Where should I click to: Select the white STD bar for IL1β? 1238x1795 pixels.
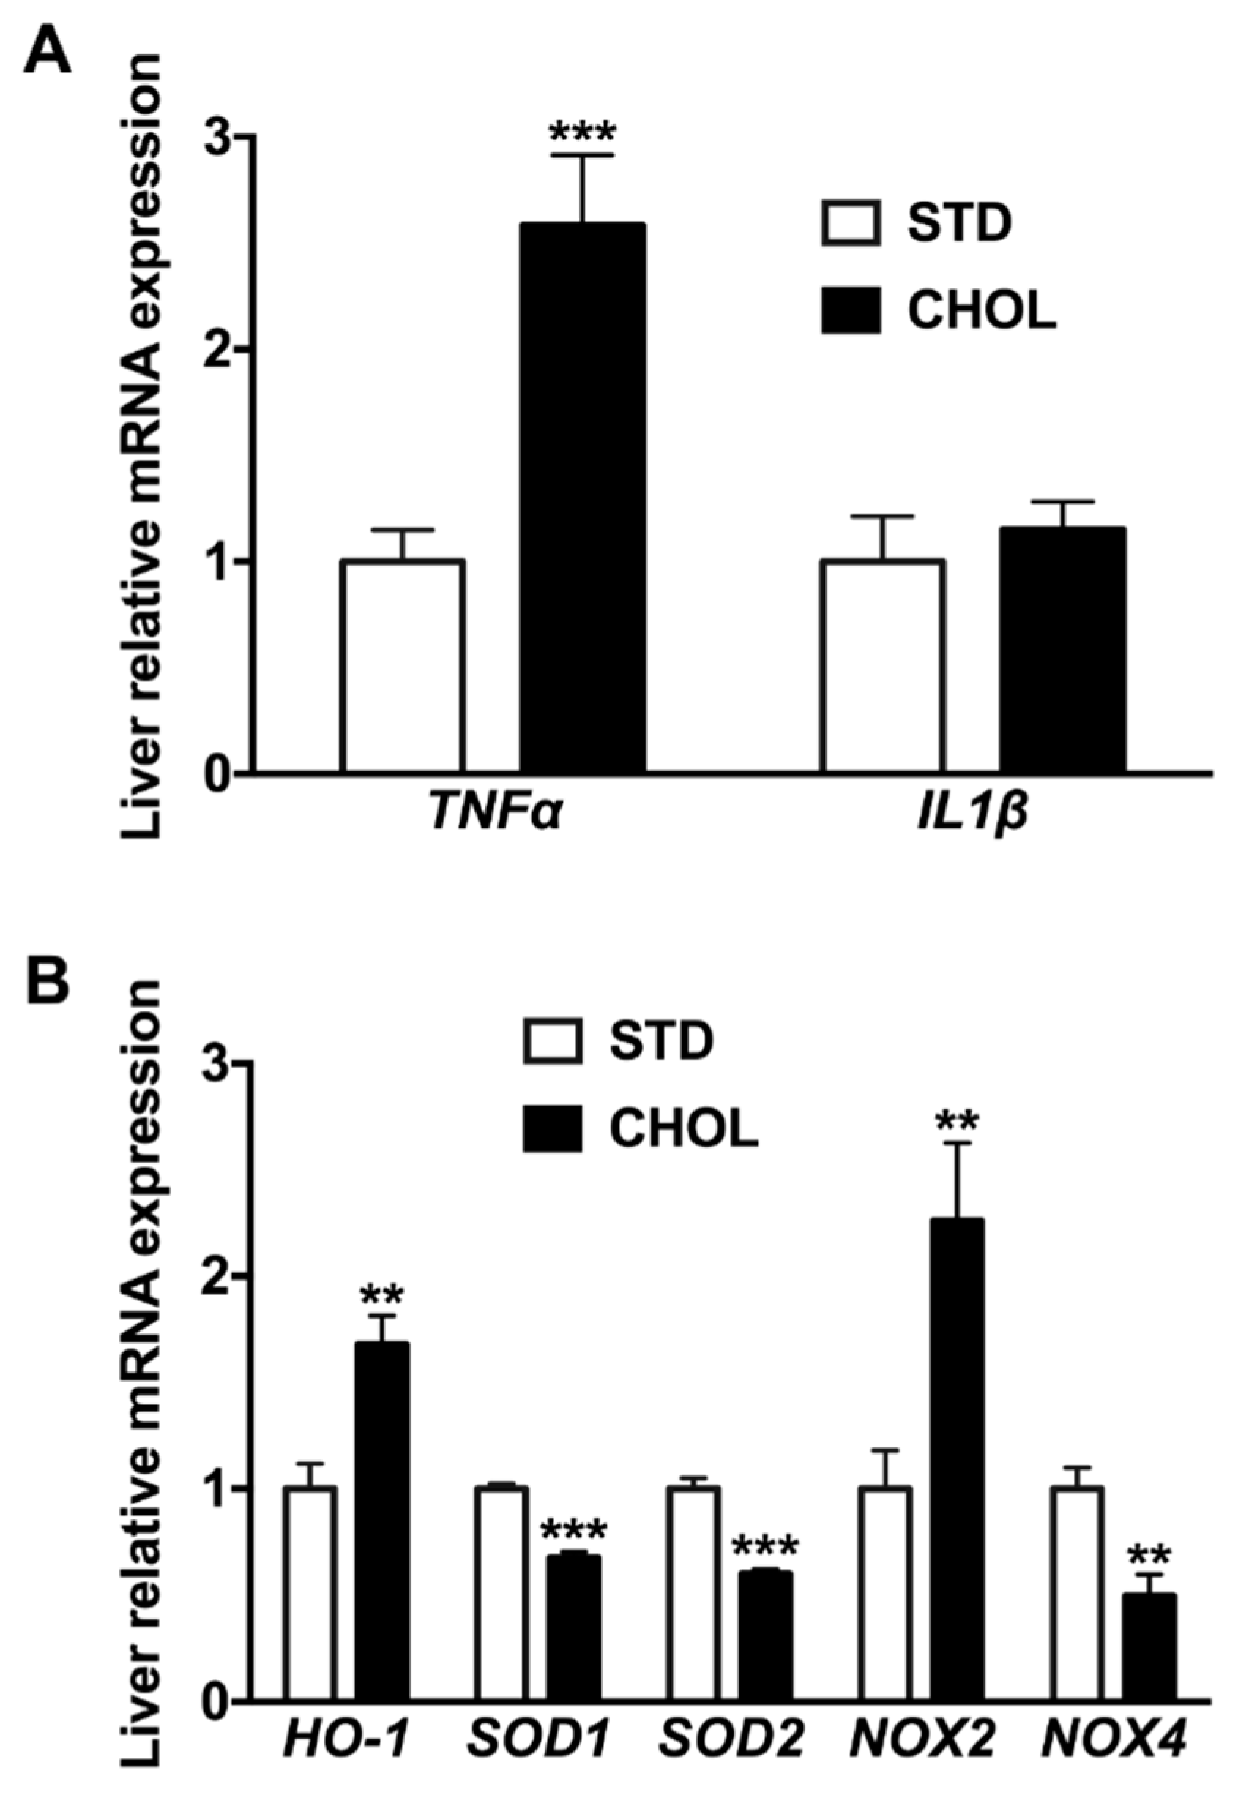[883, 667]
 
